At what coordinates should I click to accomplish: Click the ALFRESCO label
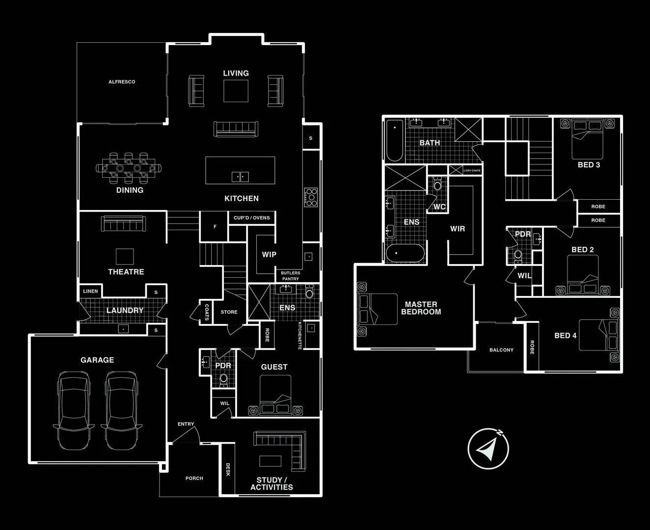[x=122, y=82]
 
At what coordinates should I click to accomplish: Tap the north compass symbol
[x=488, y=449]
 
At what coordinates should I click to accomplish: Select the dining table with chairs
[x=129, y=168]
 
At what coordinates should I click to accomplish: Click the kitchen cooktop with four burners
[x=311, y=197]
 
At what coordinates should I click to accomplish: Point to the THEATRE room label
[x=126, y=272]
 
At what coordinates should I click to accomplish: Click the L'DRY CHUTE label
[x=472, y=170]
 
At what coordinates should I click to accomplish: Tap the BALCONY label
[x=501, y=350]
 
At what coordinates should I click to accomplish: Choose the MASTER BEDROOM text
[x=421, y=308]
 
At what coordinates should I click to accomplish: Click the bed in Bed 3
[x=587, y=139]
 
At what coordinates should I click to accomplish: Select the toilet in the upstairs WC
[x=437, y=184]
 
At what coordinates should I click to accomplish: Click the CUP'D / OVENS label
[x=251, y=218]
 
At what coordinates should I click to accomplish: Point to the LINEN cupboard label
[x=90, y=291]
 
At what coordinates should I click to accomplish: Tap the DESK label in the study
[x=228, y=469]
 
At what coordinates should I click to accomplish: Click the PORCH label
[x=194, y=478]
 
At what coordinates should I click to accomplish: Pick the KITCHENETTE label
[x=299, y=336]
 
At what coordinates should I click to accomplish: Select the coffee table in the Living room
[x=236, y=91]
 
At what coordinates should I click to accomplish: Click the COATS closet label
[x=207, y=312]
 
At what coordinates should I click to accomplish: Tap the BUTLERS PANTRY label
[x=290, y=276]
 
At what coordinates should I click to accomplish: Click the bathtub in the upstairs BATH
[x=395, y=140]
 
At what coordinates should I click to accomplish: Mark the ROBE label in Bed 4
[x=532, y=347]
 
